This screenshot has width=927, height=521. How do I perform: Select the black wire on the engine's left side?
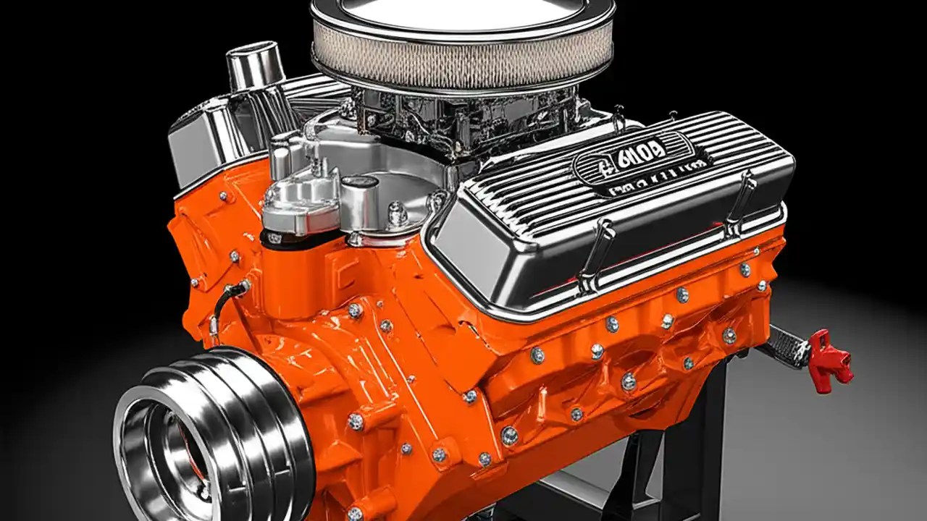point(221,308)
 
